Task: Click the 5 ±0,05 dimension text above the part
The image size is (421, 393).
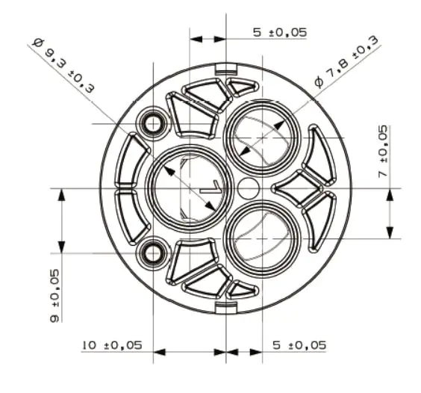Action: pos(278,33)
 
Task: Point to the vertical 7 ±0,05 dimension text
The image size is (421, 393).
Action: pos(383,151)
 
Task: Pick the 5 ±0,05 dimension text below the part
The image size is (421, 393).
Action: pos(299,345)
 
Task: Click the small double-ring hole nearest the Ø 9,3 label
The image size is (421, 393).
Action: pos(155,123)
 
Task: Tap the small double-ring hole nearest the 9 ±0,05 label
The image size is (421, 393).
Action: pos(155,253)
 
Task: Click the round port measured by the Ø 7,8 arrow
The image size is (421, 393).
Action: pos(263,138)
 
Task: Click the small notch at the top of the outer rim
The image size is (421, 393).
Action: pos(225,69)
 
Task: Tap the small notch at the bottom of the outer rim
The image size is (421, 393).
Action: pos(225,307)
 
